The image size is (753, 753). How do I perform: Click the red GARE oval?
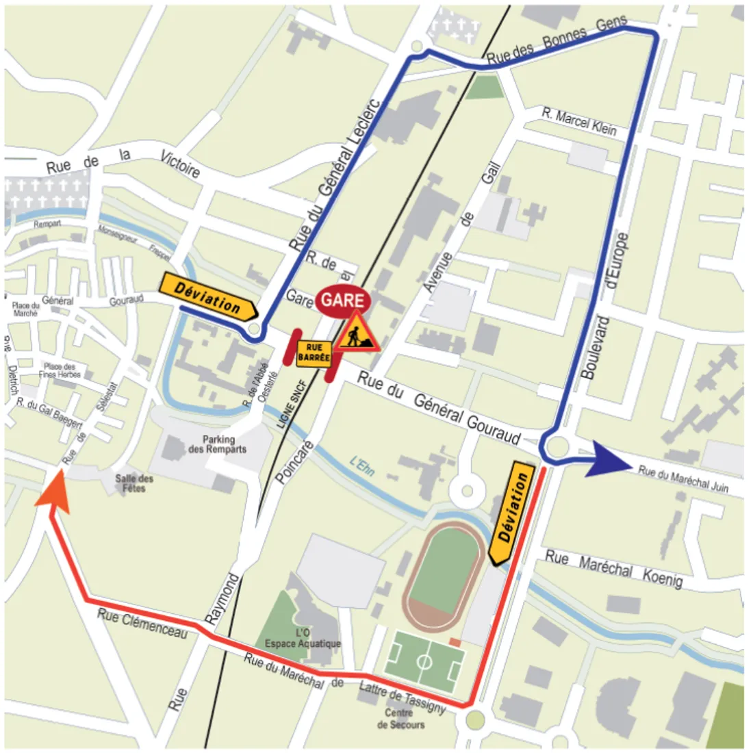[343, 301]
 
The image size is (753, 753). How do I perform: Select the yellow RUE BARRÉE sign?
[314, 353]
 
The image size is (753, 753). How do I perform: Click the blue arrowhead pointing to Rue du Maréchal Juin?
[612, 457]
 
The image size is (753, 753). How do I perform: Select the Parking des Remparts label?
[218, 444]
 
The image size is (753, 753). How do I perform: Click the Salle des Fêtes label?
[134, 483]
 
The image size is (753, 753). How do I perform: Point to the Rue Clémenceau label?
[142, 623]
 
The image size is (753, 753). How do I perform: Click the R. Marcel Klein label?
[579, 122]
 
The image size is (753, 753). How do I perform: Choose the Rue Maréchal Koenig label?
[613, 570]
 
